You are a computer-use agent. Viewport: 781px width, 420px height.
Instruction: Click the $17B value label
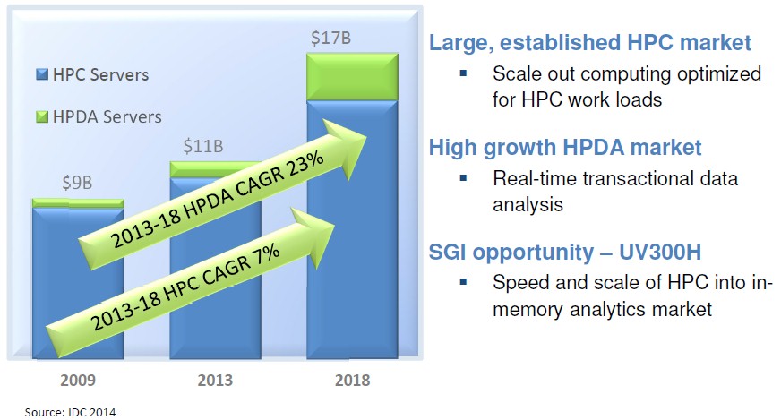coord(330,38)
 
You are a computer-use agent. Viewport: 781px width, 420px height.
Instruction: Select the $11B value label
coord(202,146)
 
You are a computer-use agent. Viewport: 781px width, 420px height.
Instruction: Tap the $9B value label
coord(77,183)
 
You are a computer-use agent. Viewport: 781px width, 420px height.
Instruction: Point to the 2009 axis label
coord(78,380)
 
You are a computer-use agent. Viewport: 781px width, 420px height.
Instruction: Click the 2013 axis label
coord(215,380)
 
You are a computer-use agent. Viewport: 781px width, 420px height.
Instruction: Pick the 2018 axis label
coord(353,380)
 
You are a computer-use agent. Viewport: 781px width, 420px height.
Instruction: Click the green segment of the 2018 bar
coord(353,77)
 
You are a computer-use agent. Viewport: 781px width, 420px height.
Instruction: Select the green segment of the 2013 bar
coord(215,169)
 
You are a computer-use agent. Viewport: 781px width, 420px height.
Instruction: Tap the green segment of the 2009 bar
coord(78,203)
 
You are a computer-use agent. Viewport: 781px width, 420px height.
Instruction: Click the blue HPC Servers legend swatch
coord(42,74)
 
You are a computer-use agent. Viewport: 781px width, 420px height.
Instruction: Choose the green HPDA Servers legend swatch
coord(42,116)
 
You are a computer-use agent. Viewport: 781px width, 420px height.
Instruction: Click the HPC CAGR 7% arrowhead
coord(313,237)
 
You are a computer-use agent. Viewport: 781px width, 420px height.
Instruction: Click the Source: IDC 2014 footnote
coord(70,413)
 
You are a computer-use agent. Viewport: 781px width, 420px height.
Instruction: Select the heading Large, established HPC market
coord(589,43)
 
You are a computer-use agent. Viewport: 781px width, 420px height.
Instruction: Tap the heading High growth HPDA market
coord(565,148)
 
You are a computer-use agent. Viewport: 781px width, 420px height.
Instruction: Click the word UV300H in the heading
coord(660,253)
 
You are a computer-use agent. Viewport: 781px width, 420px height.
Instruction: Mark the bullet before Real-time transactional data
coord(464,177)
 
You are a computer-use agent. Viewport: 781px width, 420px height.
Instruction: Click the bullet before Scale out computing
coord(464,73)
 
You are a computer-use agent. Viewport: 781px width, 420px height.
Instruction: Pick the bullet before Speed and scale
coord(464,282)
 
